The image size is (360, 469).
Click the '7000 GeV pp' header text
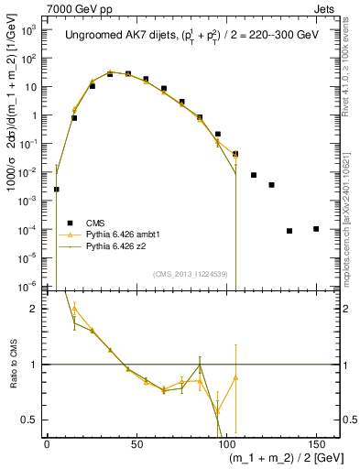click(76, 7)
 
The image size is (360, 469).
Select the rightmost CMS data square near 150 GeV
click(316, 228)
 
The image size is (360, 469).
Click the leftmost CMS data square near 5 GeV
click(57, 190)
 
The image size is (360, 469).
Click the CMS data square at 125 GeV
click(271, 185)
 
